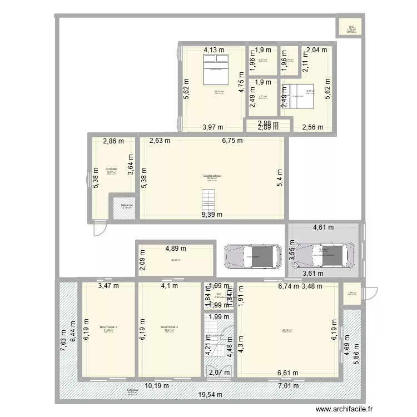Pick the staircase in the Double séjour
click(x=208, y=198)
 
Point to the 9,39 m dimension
click(x=212, y=215)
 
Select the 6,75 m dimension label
click(x=232, y=141)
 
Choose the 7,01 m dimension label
click(x=288, y=385)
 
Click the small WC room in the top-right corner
click(x=351, y=28)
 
